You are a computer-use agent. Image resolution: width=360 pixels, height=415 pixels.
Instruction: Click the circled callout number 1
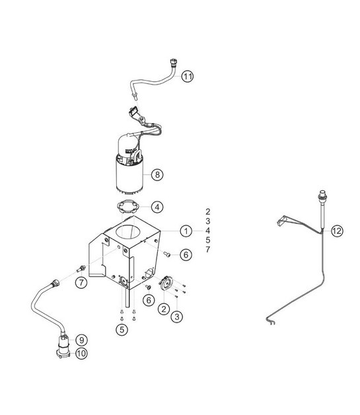pos(187,231)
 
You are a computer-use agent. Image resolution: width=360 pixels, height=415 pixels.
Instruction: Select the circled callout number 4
pos(157,207)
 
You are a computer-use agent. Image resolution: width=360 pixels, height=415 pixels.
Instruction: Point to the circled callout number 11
pos(188,77)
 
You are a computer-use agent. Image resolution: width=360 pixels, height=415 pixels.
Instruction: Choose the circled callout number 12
pos(337,231)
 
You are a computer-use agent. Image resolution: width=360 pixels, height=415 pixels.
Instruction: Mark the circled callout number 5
pos(122,328)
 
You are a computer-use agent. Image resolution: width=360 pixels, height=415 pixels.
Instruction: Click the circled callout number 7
pos(81,283)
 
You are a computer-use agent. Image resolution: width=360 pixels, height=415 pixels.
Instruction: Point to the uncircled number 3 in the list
pos(207,221)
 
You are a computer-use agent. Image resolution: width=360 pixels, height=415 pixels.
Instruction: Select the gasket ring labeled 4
pos(127,206)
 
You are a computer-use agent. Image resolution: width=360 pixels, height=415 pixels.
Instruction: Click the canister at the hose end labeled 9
pos(65,344)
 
